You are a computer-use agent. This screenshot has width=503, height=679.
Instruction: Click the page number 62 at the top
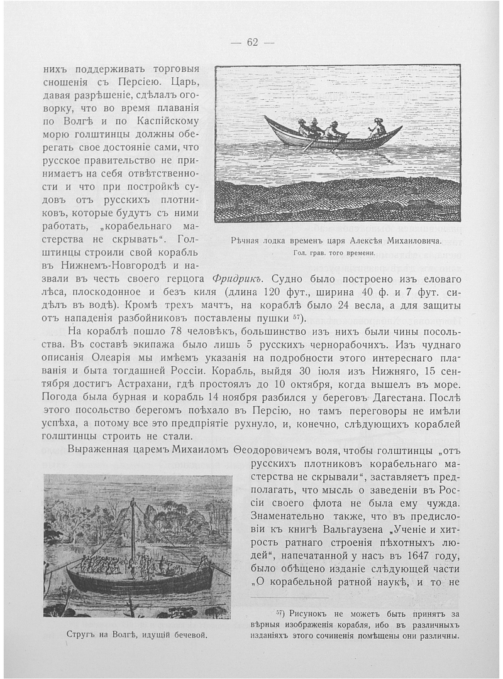252,42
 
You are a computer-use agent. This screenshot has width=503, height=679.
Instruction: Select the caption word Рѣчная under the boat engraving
248,241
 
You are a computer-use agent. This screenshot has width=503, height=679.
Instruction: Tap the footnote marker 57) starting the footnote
282,613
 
